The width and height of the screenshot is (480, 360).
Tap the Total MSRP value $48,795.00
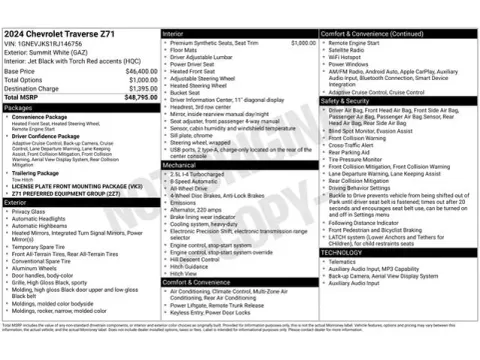(134, 97)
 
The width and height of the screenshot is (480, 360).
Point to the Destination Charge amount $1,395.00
(137, 88)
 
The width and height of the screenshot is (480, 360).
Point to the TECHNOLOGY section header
(346, 252)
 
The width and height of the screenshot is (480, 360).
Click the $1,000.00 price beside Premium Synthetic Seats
(303, 43)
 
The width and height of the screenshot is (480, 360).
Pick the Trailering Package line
(37, 172)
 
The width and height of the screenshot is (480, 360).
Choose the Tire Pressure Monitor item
(360, 158)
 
